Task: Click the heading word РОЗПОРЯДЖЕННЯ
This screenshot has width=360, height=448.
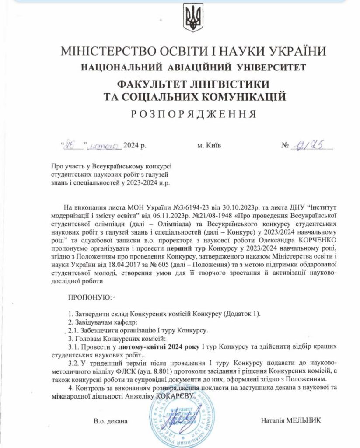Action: pyautogui.click(x=193, y=114)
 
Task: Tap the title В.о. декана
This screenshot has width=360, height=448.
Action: pyautogui.click(x=110, y=421)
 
